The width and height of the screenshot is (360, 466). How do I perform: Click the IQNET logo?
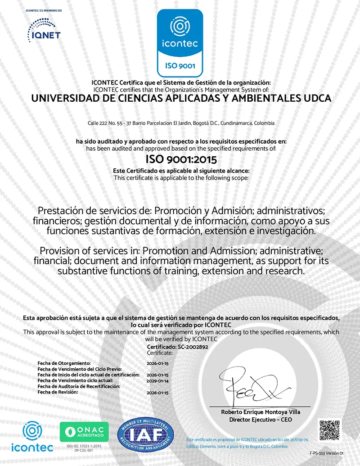coord(44,30)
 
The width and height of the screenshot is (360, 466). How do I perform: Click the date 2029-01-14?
coord(157,380)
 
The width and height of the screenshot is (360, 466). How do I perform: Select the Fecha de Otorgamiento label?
coord(64,362)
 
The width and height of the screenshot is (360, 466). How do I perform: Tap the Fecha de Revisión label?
coord(58,392)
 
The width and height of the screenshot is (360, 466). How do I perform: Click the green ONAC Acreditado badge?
coord(84,432)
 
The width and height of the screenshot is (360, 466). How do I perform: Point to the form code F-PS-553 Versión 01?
coord(326,453)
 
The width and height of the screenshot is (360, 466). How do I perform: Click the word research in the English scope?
coord(286,271)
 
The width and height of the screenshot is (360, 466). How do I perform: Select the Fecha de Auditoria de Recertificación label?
coord(79,386)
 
